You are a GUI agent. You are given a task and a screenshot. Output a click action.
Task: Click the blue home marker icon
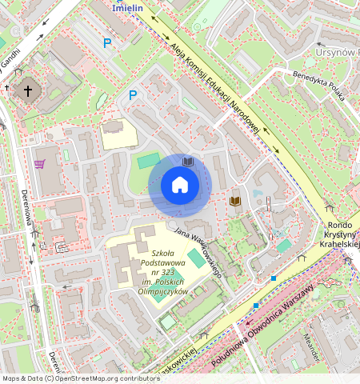[180, 186]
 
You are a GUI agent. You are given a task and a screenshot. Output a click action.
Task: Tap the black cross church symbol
[29, 90]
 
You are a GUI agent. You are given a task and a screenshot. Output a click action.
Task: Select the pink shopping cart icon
[39, 164]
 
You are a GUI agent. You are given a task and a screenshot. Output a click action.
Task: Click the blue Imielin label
[128, 7]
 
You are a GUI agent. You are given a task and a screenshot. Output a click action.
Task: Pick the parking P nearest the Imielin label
[106, 44]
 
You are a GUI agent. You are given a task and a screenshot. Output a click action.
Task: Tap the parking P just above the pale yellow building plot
[134, 95]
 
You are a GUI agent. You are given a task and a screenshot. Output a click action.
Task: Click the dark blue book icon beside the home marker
[187, 161]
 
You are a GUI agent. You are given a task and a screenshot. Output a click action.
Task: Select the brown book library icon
[235, 200]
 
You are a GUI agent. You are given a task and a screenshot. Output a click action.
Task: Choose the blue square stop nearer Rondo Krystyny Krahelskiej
[274, 278]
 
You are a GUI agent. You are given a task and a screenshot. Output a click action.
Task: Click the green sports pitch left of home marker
[147, 162]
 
